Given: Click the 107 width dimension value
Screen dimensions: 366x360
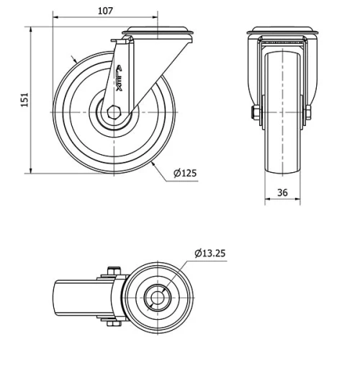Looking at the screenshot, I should [x=104, y=11].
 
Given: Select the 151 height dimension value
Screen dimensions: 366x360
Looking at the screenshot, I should [x=23, y=99].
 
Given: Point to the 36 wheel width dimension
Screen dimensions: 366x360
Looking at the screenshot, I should [x=282, y=192].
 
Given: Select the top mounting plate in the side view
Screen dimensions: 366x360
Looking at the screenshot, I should [x=156, y=33].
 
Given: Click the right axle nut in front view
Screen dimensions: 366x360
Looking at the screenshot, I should [x=308, y=112].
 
